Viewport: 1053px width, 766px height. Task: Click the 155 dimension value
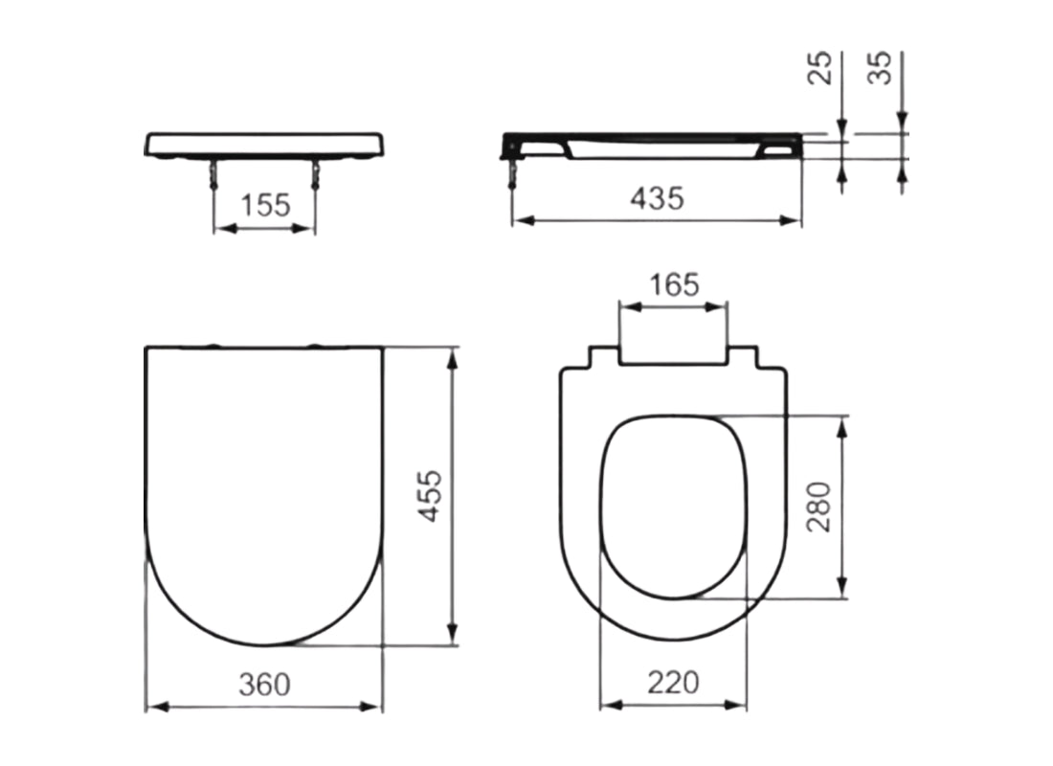pyautogui.click(x=264, y=205)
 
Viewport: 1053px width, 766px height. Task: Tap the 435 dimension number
pyautogui.click(x=658, y=198)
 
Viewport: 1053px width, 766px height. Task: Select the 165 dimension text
pyautogui.click(x=674, y=284)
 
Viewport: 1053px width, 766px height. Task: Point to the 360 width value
pyautogui.click(x=263, y=684)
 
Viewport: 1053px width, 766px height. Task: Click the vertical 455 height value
pyautogui.click(x=433, y=495)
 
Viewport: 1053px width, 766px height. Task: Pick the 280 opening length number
pyautogui.click(x=820, y=507)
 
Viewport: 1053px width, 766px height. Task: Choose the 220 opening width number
pyautogui.click(x=673, y=683)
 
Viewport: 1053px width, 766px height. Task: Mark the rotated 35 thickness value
pyautogui.click(x=882, y=68)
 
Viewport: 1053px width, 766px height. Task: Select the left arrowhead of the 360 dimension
pyautogui.click(x=153, y=707)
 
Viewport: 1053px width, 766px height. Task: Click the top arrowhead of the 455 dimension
pyautogui.click(x=452, y=355)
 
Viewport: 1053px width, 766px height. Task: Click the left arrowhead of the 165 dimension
pyautogui.click(x=629, y=307)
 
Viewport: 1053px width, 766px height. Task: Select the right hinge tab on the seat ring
pyautogui.click(x=746, y=357)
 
